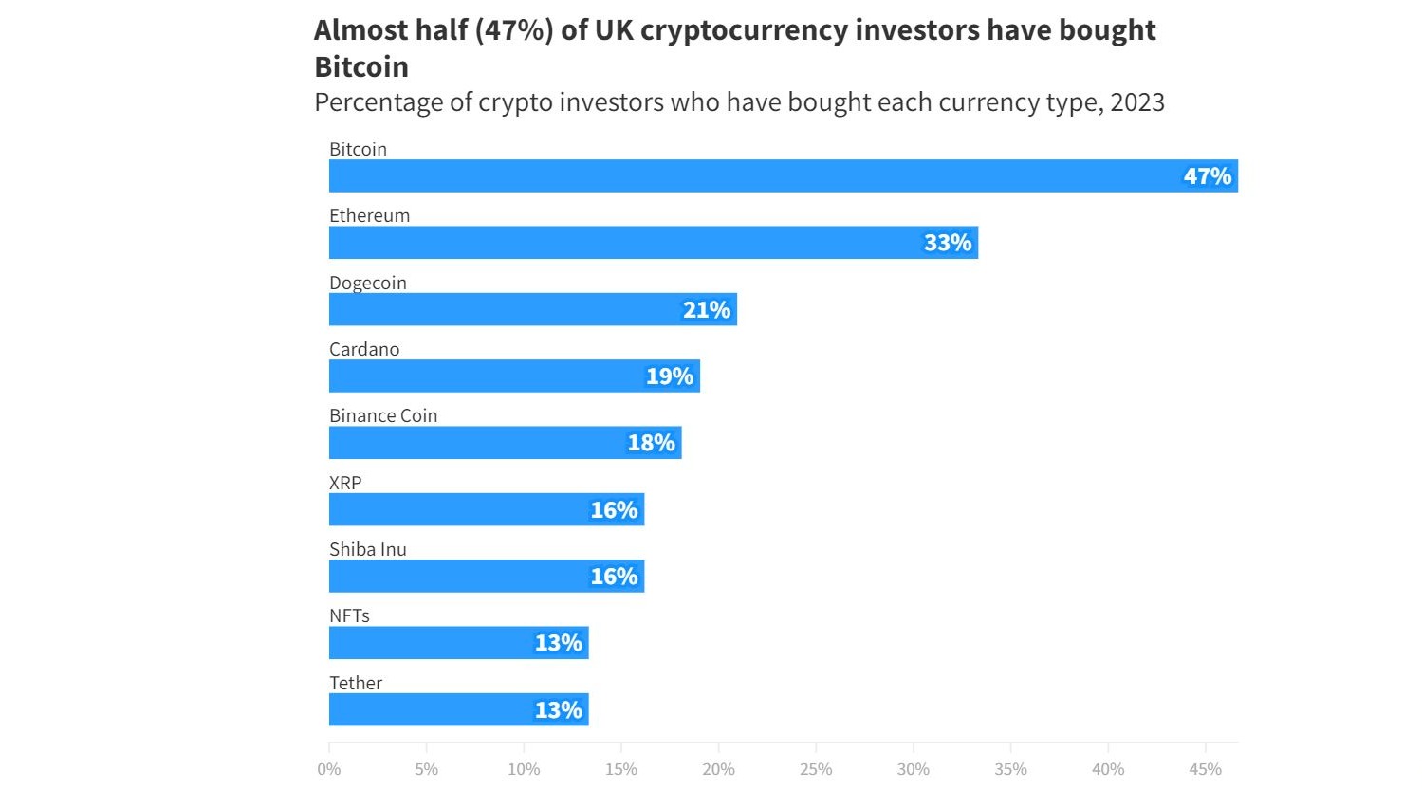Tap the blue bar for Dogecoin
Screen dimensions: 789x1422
(532, 309)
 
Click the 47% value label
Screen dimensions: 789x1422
(1207, 176)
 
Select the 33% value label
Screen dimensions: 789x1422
(948, 243)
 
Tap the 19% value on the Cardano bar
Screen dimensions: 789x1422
(670, 376)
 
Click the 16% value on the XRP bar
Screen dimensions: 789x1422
(614, 510)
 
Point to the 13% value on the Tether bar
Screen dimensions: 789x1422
(558, 710)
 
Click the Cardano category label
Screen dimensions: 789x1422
(364, 349)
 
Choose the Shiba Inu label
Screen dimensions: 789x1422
(367, 549)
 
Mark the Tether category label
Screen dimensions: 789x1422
(356, 683)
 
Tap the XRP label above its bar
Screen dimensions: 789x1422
(345, 483)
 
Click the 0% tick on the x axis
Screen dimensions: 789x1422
(329, 769)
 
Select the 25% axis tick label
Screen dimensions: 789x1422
(816, 769)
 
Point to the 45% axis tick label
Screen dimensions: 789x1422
(1205, 769)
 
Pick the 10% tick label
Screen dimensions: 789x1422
(524, 769)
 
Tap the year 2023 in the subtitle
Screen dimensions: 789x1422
(1136, 102)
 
